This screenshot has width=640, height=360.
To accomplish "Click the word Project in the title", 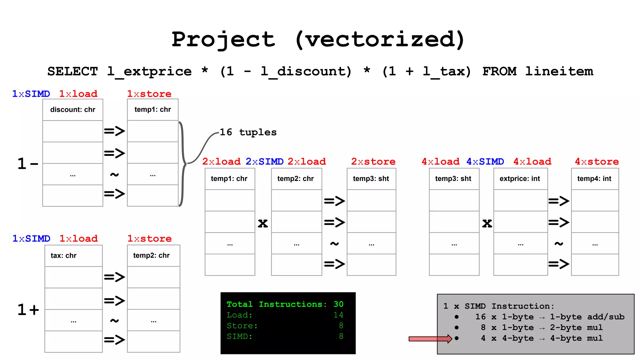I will tap(223, 40).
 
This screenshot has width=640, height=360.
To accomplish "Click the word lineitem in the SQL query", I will tap(559, 71).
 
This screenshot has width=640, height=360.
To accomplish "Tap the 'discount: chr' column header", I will tap(72, 110).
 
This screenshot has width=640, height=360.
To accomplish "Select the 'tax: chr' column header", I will tap(63, 256).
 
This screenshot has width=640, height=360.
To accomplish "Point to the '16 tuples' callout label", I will tap(248, 132).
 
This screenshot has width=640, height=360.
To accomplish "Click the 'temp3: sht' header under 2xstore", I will tap(371, 179).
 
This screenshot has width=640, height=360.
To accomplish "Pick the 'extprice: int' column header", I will tap(520, 179).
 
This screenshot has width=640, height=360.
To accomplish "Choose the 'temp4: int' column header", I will tap(594, 179).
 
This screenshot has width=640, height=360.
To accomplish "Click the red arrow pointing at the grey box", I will tap(430, 339).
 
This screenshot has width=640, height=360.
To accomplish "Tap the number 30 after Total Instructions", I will tap(338, 304).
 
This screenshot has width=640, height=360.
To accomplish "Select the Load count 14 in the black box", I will tap(338, 315).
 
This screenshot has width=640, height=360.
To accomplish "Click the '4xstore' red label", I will tap(597, 162).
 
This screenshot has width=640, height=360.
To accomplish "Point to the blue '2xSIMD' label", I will tap(264, 162).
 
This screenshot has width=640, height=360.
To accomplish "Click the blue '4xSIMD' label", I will tap(485, 162).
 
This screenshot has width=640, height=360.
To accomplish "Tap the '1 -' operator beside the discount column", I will tap(27, 163).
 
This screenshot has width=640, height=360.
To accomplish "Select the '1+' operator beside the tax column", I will tap(28, 309).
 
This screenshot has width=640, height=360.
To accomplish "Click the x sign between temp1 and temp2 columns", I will tap(263, 223).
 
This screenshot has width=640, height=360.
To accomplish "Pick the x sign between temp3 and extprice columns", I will tap(487, 223).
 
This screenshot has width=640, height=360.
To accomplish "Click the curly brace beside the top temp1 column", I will tap(183, 163).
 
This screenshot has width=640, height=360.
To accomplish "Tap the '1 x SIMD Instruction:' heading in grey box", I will tap(499, 306).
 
